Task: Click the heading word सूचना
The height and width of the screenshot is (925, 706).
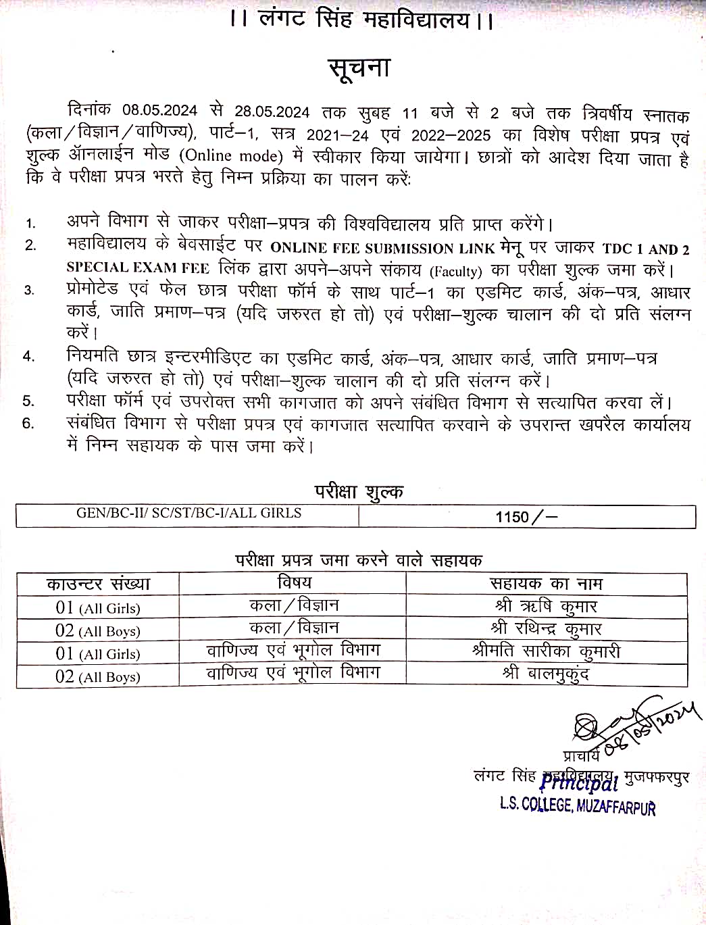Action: [x=359, y=69]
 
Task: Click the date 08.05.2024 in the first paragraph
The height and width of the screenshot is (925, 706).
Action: [x=160, y=111]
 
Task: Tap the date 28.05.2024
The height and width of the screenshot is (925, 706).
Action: [x=272, y=111]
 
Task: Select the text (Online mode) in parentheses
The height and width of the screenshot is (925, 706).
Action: [x=231, y=156]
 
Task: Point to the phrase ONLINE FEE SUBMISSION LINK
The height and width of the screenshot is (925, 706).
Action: [x=382, y=248]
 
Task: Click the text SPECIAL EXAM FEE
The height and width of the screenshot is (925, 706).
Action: [x=138, y=268]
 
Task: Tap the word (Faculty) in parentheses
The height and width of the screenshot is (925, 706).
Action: [x=456, y=271]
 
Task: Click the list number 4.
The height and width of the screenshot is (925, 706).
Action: [x=28, y=356]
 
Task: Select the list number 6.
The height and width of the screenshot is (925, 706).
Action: [x=28, y=424]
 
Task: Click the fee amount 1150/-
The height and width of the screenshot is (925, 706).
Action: [x=526, y=517]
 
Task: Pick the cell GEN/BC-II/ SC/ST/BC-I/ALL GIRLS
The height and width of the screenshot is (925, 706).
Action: [x=188, y=513]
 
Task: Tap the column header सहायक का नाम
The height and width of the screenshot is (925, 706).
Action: [x=545, y=584]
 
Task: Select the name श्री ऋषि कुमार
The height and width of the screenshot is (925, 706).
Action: [x=545, y=606]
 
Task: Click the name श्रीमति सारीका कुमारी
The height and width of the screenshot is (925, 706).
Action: [x=545, y=651]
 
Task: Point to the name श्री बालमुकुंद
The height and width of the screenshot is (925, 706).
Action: [x=545, y=674]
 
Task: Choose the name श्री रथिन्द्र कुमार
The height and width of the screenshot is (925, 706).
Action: [x=545, y=629]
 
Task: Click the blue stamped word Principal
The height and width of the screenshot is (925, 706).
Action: [x=579, y=782]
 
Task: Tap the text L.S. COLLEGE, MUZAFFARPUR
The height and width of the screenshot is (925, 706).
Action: [x=578, y=805]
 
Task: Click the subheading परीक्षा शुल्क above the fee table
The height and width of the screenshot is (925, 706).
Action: [x=359, y=491]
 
